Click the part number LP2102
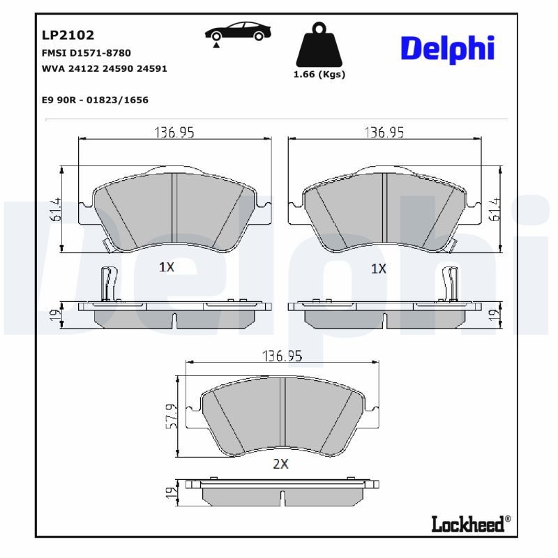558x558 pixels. pyautogui.click(x=68, y=35)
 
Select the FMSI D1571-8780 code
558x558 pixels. pyautogui.click(x=86, y=53)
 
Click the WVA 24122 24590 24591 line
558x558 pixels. pyautogui.click(x=104, y=69)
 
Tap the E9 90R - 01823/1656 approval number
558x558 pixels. pyautogui.click(x=95, y=100)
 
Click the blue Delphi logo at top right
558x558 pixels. pyautogui.click(x=447, y=48)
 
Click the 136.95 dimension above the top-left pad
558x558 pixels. pyautogui.click(x=174, y=132)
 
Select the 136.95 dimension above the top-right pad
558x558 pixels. pyautogui.click(x=385, y=132)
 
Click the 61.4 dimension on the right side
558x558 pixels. pyautogui.click(x=496, y=209)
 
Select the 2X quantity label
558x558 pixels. pyautogui.click(x=280, y=464)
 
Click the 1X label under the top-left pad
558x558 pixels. pyautogui.click(x=166, y=266)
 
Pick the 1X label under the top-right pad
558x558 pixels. pyautogui.click(x=378, y=268)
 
